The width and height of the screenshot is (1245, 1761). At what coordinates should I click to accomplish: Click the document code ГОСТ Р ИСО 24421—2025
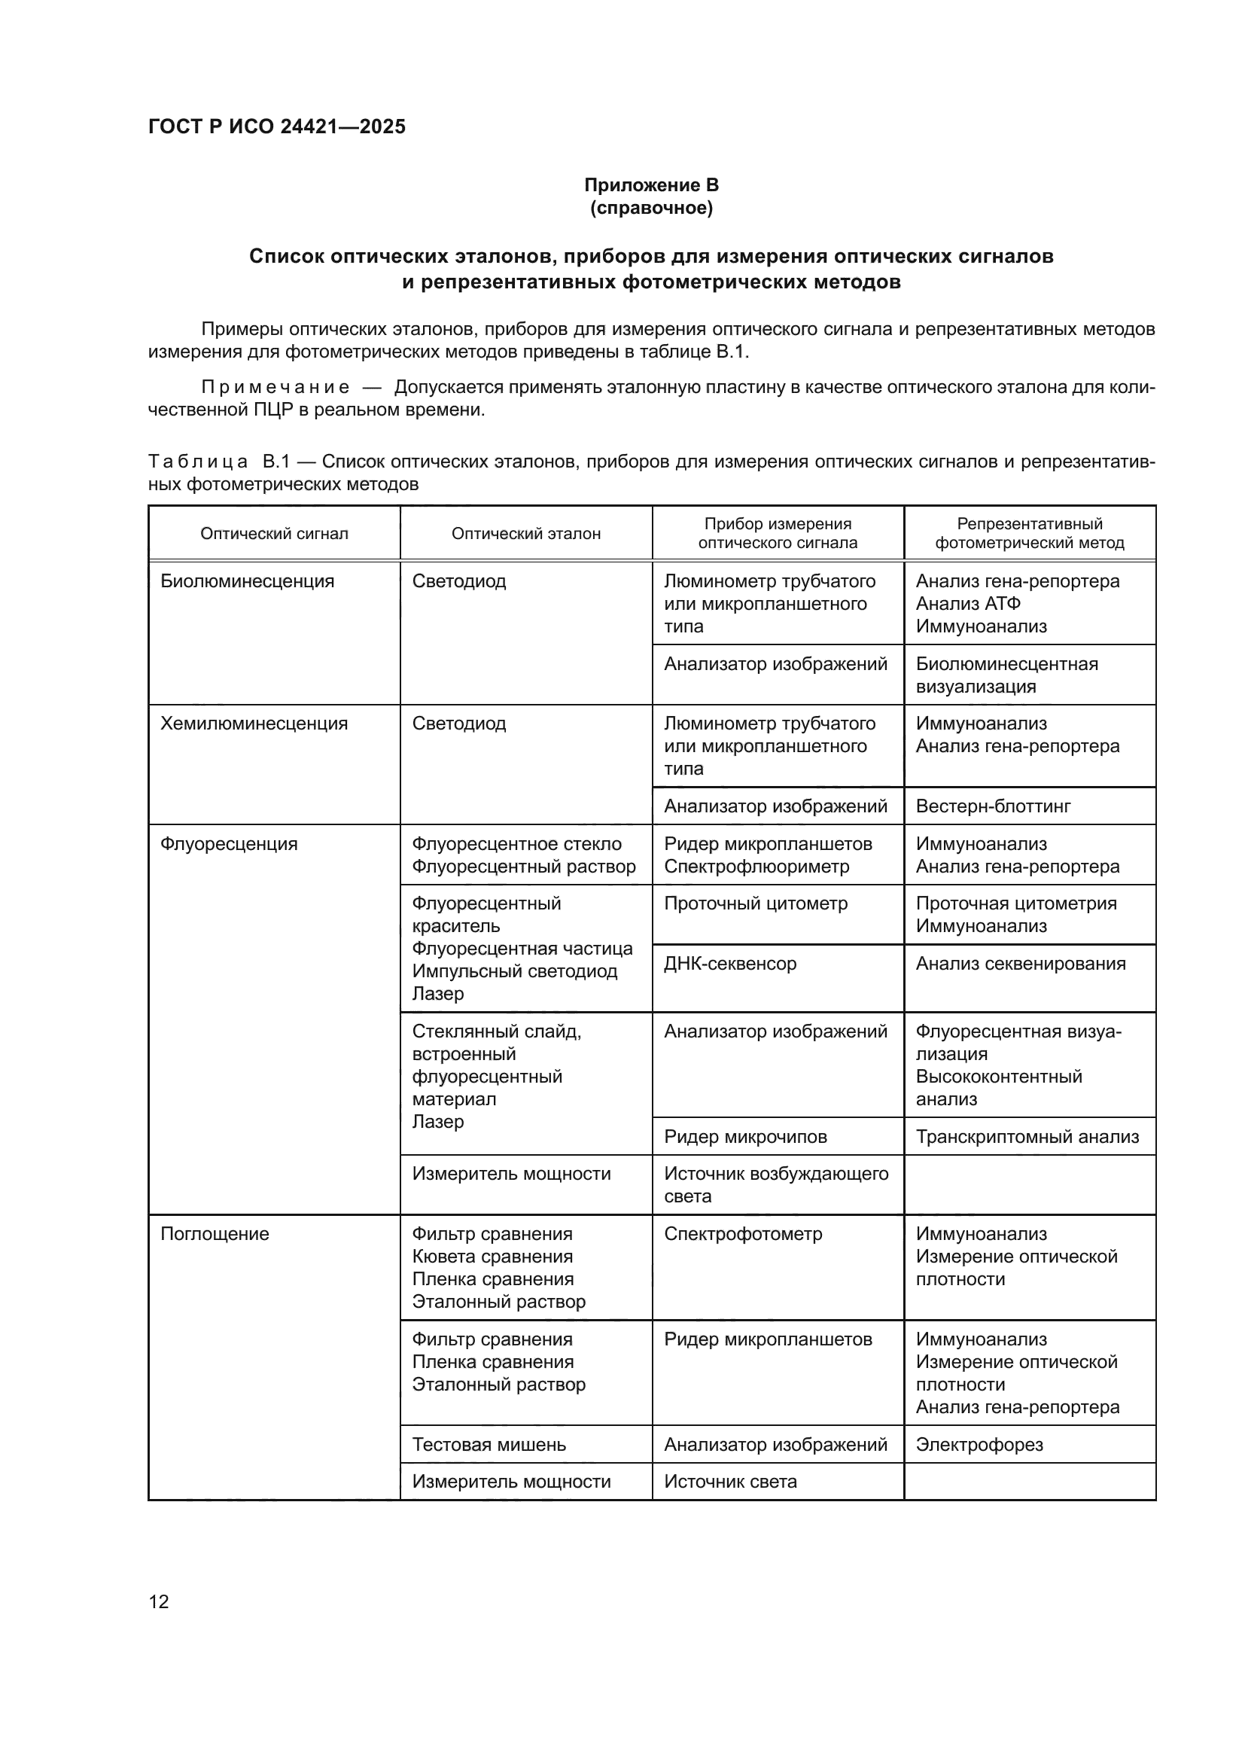277,127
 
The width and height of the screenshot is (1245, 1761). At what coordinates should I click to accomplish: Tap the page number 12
159,1601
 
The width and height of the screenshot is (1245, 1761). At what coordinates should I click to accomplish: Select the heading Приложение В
651,185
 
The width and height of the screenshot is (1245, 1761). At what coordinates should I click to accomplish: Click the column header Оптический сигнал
274,534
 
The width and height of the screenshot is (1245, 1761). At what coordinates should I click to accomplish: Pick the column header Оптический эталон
525,534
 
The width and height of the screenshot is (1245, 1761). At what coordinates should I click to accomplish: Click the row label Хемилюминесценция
253,724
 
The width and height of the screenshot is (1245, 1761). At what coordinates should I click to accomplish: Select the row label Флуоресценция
229,845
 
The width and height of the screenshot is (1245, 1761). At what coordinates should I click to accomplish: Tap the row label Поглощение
215,1234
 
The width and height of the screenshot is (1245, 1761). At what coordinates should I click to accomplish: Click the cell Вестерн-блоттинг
993,807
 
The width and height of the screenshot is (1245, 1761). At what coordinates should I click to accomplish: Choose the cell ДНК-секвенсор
730,964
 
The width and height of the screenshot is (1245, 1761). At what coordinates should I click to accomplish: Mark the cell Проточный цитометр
755,903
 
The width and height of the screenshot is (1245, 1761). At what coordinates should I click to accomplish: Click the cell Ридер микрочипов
745,1137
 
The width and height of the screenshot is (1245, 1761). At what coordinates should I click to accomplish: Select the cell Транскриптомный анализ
1027,1137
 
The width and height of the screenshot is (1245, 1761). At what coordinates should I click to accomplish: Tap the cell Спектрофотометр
742,1234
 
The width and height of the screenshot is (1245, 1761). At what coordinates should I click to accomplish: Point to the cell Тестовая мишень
489,1445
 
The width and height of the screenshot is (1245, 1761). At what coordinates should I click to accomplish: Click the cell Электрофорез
979,1445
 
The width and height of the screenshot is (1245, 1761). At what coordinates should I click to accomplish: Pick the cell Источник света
730,1482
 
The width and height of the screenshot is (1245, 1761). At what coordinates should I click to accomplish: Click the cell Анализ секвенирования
1021,964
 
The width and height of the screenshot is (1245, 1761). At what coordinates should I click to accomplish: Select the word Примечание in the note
275,387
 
